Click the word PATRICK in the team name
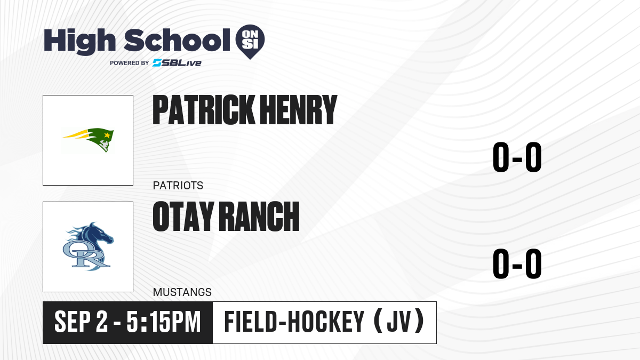point(204,110)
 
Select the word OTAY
point(183,216)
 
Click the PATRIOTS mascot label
point(178,186)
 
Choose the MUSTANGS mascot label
point(182,292)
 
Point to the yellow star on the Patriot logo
point(107,135)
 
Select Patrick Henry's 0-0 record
point(517,157)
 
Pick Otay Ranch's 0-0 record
point(517,263)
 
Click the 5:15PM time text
point(163,322)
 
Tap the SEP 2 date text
point(81,322)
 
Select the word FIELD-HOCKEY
point(294,322)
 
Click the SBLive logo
point(177,63)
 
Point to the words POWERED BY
point(130,63)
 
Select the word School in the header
point(177,40)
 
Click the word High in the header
point(80,42)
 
